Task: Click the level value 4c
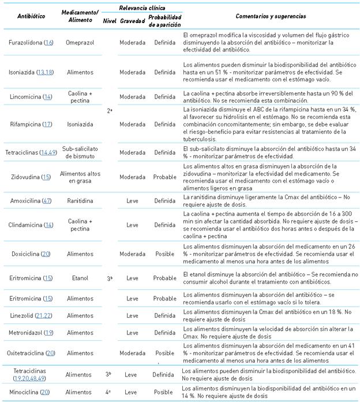pyautogui.click(x=109, y=392)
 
